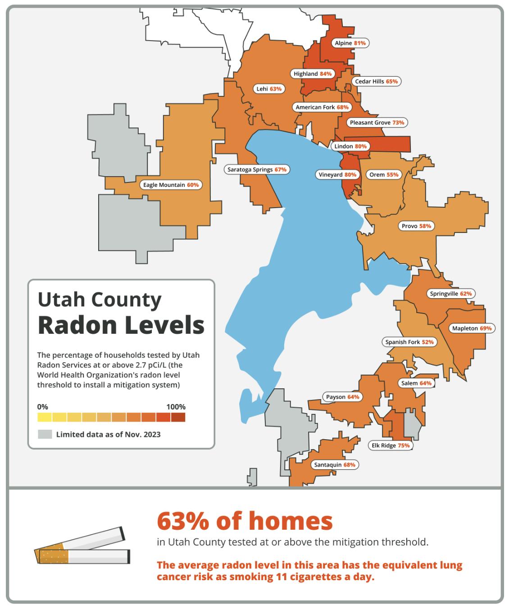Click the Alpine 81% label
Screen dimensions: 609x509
coord(350,43)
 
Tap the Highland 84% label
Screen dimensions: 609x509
coord(312,74)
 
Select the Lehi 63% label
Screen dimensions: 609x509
coord(269,89)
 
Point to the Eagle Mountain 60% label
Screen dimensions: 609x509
coord(171,185)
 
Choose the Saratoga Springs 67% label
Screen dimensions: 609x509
coord(257,170)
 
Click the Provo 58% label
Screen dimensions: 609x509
coord(416,226)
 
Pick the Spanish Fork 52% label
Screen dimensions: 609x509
coord(409,342)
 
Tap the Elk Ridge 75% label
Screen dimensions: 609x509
coord(391,445)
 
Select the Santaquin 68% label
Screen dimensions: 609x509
coord(335,465)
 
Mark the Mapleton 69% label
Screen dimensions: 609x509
coord(472,328)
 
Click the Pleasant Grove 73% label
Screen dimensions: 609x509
coord(377,123)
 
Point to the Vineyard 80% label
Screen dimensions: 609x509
coord(337,175)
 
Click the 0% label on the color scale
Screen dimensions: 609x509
coord(43,407)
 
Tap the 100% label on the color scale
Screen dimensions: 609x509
coord(176,407)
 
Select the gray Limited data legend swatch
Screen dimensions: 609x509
coord(45,435)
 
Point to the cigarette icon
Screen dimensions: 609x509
coord(82,546)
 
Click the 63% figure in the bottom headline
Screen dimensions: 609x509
coord(182,521)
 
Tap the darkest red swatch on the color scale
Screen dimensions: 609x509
coord(178,418)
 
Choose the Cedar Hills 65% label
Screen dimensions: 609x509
coord(376,82)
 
